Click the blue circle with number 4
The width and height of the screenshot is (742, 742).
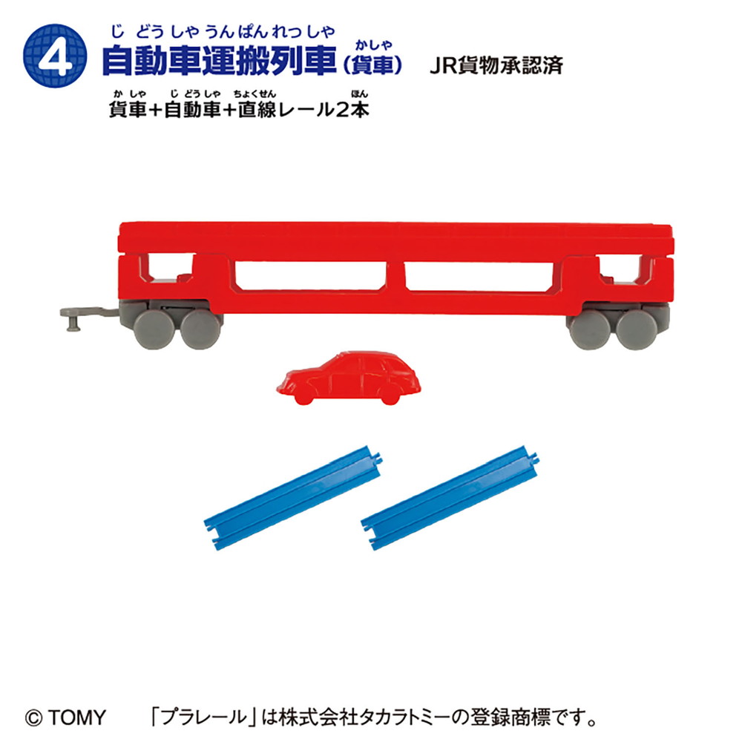pos(55,56)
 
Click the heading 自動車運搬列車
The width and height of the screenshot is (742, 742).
pos(219,61)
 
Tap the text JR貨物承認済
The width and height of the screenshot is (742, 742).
pos(496,65)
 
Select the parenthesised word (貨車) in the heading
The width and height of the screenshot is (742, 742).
pos(372,65)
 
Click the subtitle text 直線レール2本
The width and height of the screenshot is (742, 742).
pos(303,110)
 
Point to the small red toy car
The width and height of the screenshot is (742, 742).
pos(349,378)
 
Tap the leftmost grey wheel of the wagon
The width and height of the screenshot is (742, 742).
pos(154,329)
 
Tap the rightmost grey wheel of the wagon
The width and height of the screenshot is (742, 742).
pos(637,330)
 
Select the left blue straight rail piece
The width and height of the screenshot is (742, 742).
pos(293,497)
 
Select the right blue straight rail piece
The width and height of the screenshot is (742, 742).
pos(450,497)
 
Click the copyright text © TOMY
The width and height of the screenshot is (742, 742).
pos(65,718)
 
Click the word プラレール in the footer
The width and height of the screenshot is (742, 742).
pos(204,718)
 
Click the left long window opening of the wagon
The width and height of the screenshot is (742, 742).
pos(310,276)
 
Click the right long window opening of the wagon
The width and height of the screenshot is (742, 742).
pos(479,276)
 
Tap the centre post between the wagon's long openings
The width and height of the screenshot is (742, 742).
pos(395,276)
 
